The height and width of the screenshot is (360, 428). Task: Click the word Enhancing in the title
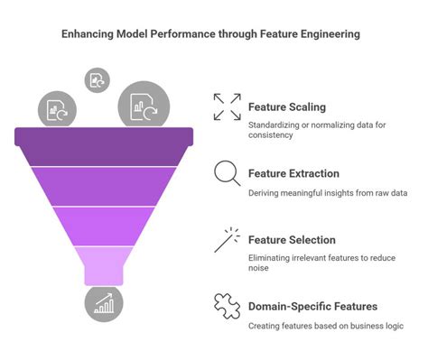(x=89, y=34)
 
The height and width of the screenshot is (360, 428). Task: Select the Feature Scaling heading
(x=285, y=107)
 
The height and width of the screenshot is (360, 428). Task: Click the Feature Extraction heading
(x=293, y=173)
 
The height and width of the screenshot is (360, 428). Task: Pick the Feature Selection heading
(x=292, y=240)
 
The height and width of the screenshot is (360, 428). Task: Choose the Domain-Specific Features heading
(x=312, y=307)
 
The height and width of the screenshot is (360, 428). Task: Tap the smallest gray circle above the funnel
(x=96, y=79)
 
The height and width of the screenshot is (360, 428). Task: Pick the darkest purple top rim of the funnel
(x=104, y=137)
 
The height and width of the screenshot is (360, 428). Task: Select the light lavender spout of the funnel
(x=104, y=266)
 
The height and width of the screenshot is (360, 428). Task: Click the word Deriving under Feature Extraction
(x=266, y=192)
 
